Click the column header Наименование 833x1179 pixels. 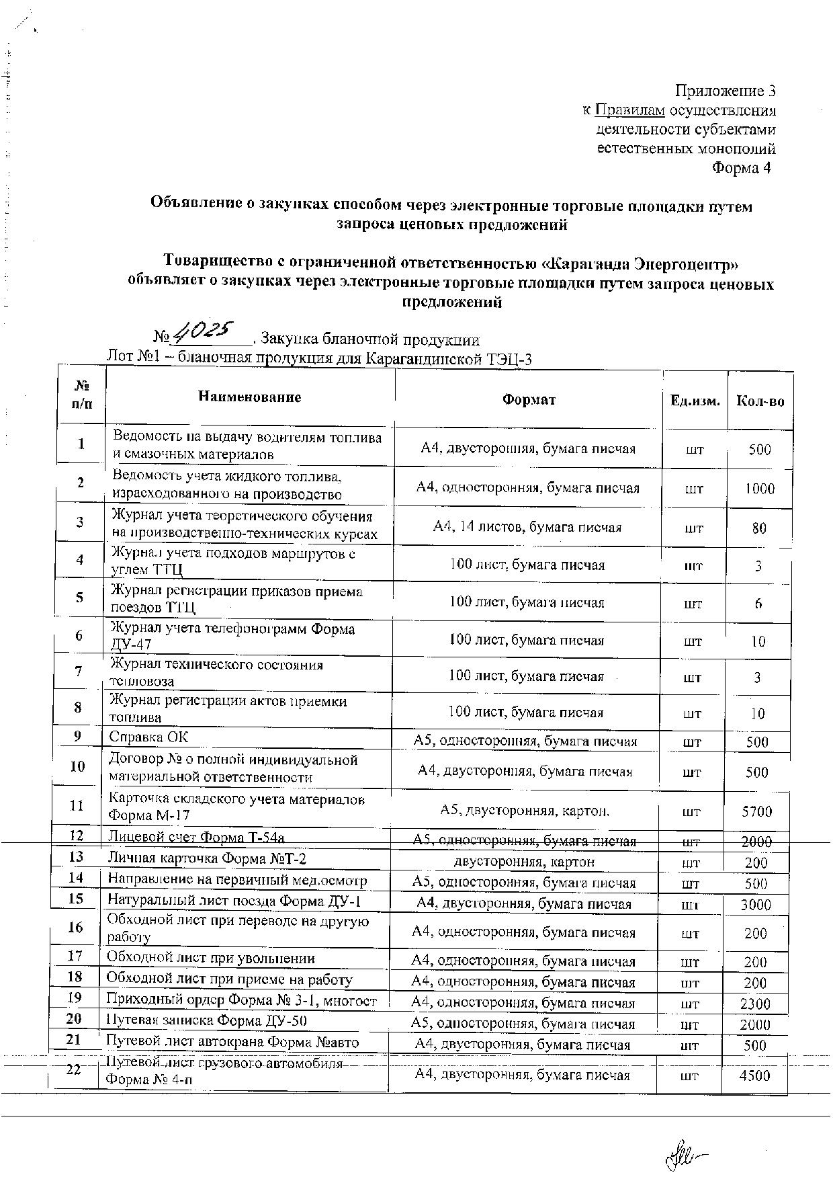tap(249, 397)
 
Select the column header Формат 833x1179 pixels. tap(529, 400)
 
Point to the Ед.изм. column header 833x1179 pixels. tap(695, 401)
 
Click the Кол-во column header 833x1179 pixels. tap(760, 401)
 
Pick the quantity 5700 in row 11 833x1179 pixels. tap(756, 811)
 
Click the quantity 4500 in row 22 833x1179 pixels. tap(754, 1075)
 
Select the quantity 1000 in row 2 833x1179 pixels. tap(759, 489)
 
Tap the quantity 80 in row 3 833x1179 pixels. tap(759, 528)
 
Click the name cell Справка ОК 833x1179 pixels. tap(149, 737)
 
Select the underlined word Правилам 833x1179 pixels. tap(630, 110)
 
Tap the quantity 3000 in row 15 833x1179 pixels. tap(756, 905)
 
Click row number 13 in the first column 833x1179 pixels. tap(76, 856)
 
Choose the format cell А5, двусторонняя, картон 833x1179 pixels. tap(525, 811)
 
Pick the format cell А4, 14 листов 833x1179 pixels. tap(527, 527)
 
